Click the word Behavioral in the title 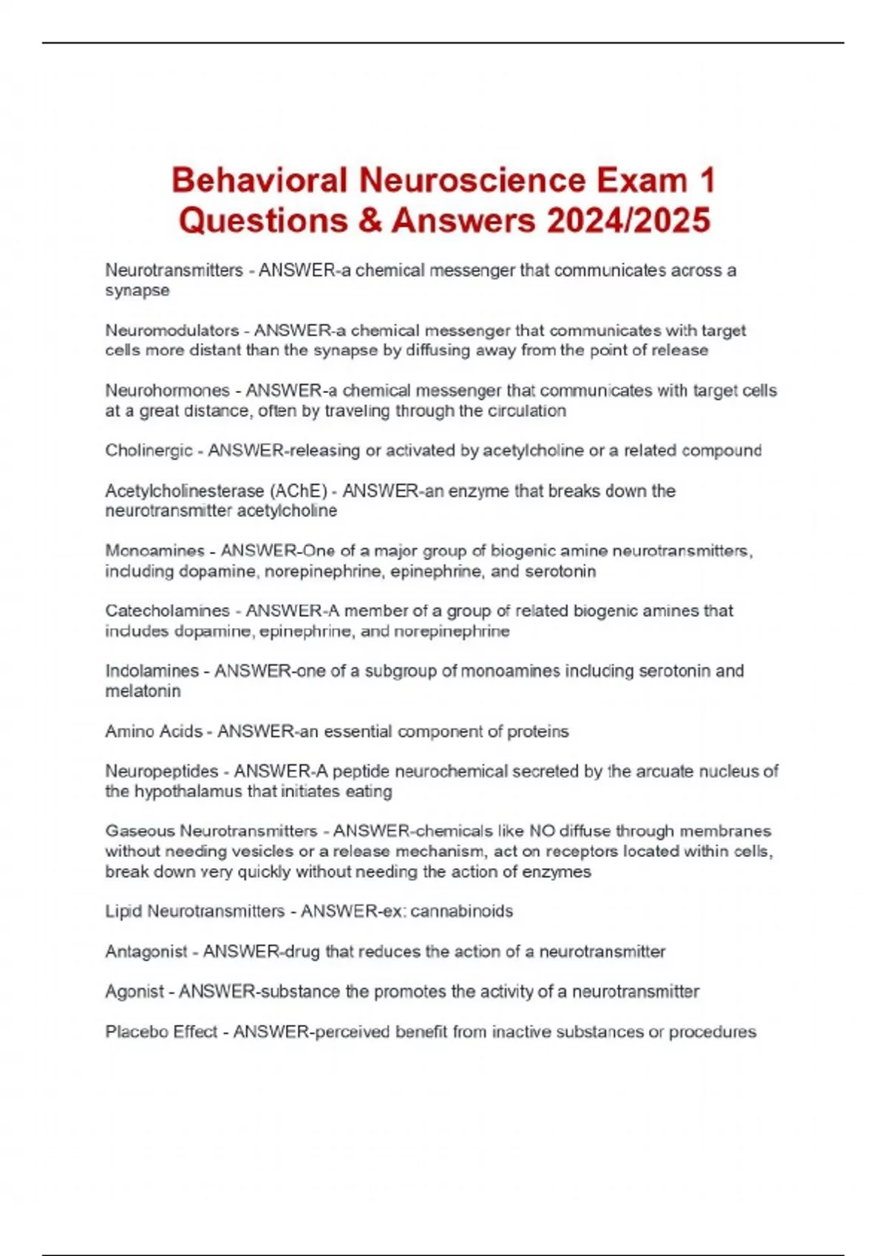click(259, 180)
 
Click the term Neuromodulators click(171, 330)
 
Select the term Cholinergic click(149, 451)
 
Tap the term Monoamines click(154, 551)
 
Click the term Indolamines click(152, 671)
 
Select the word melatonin click(143, 692)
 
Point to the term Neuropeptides click(162, 771)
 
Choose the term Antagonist click(146, 952)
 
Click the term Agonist click(134, 992)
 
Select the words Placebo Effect click(161, 1031)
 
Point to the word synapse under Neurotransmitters click(137, 290)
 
